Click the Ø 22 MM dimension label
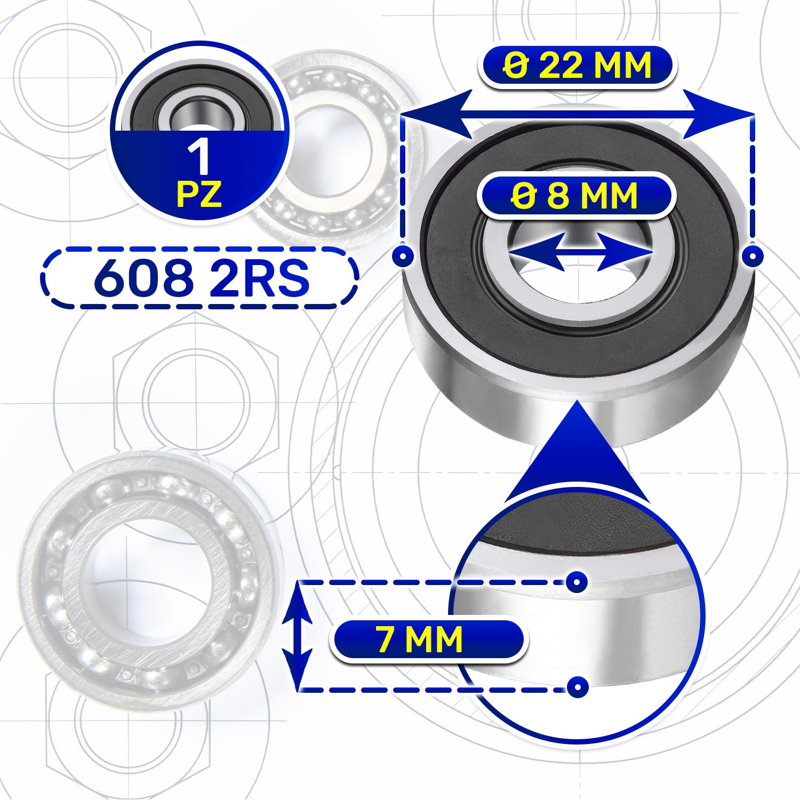pyautogui.click(x=578, y=66)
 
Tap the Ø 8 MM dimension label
pyautogui.click(x=574, y=196)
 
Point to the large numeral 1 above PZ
pyautogui.click(x=200, y=157)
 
